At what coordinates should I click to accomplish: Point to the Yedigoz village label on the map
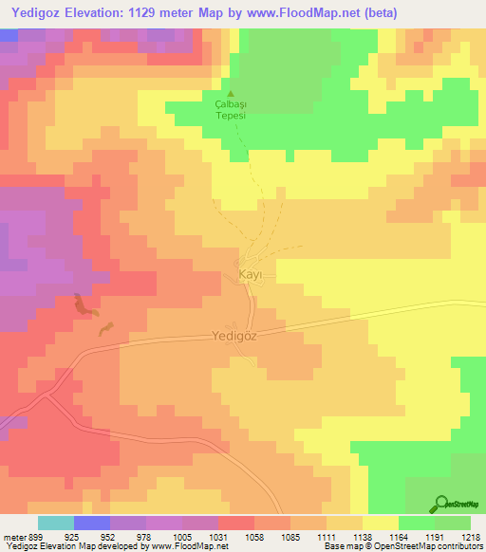pos(234,335)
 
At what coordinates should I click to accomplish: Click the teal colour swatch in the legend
pos(56,523)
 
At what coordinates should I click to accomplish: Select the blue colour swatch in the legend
pos(92,523)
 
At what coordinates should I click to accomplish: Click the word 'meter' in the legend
pos(12,536)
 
